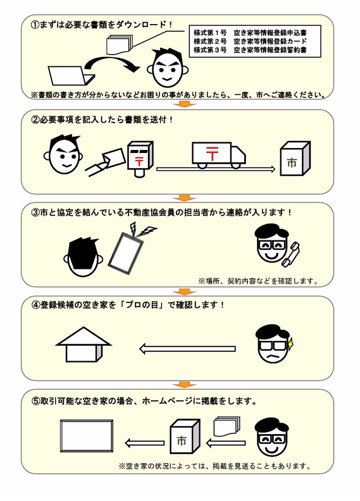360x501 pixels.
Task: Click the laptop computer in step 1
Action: [71, 76]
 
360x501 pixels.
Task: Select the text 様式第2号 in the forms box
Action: [210, 42]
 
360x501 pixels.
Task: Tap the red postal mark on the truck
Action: [212, 154]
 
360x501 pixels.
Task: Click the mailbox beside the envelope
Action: [140, 159]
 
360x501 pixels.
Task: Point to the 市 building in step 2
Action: [295, 159]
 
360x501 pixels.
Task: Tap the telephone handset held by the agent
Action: [290, 254]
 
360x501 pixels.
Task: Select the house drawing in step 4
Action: [84, 344]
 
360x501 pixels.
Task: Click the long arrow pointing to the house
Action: [187, 349]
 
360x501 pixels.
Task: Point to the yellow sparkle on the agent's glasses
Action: [290, 344]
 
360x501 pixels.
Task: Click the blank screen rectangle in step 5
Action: [87, 436]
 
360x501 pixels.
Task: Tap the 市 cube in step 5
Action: [185, 436]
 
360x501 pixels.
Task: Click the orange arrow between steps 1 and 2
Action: [183, 104]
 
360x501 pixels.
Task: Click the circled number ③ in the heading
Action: [35, 213]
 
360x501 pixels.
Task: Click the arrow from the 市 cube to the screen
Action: [144, 443]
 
